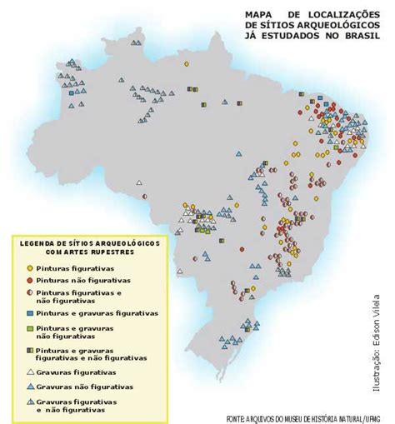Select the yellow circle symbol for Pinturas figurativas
[x=30, y=268]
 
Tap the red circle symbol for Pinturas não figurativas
[x=30, y=282]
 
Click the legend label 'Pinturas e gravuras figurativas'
[x=97, y=312]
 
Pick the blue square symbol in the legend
[x=30, y=313]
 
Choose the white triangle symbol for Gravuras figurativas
[x=30, y=372]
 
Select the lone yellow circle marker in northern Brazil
[x=187, y=63]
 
